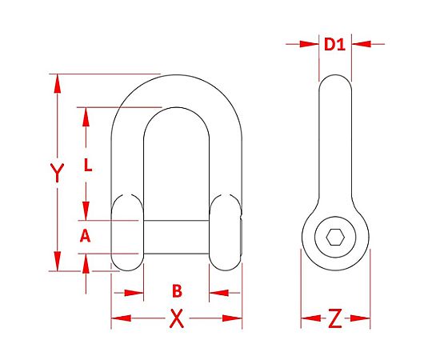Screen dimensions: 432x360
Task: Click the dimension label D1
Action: (334, 44)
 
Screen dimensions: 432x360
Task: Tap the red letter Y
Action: (57, 173)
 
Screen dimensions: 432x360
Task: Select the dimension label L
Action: (88, 165)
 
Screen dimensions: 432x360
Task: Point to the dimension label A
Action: (85, 236)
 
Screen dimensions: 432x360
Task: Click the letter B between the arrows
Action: (177, 291)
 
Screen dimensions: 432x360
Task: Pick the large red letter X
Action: (176, 318)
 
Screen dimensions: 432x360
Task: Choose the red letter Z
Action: (335, 318)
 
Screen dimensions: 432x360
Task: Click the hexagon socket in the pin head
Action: (335, 237)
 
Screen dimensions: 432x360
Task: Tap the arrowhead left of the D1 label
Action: (309, 44)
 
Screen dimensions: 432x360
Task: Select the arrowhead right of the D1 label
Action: (362, 44)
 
